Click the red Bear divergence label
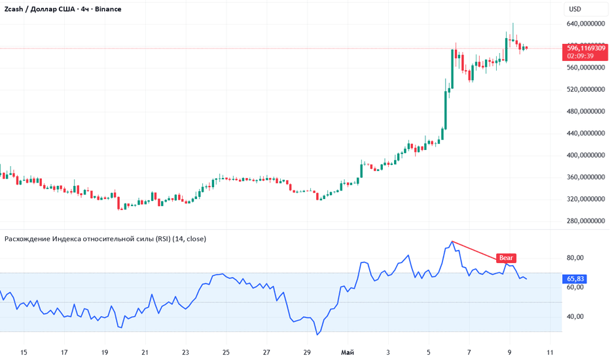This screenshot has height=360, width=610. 506,258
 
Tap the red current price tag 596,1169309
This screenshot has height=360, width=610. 586,48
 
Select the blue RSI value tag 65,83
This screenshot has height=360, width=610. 575,279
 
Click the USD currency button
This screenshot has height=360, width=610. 575,9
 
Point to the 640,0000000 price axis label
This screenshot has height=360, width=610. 586,24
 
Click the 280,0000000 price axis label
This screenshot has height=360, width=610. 586,221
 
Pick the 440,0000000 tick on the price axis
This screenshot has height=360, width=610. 586,134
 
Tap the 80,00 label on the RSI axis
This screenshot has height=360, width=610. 575,258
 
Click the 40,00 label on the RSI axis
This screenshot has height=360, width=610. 575,317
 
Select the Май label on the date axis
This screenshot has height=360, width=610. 348,353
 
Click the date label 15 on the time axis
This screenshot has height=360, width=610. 24,353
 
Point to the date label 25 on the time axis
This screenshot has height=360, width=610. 226,353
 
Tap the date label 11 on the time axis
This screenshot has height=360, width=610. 550,353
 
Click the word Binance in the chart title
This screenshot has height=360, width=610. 108,9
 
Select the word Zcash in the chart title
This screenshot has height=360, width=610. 14,9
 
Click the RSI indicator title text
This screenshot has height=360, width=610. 105,239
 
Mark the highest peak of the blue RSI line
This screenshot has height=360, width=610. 452,242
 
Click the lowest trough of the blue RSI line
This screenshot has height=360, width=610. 317,334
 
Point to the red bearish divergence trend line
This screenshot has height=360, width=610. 479,251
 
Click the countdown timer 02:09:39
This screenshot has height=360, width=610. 581,56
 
